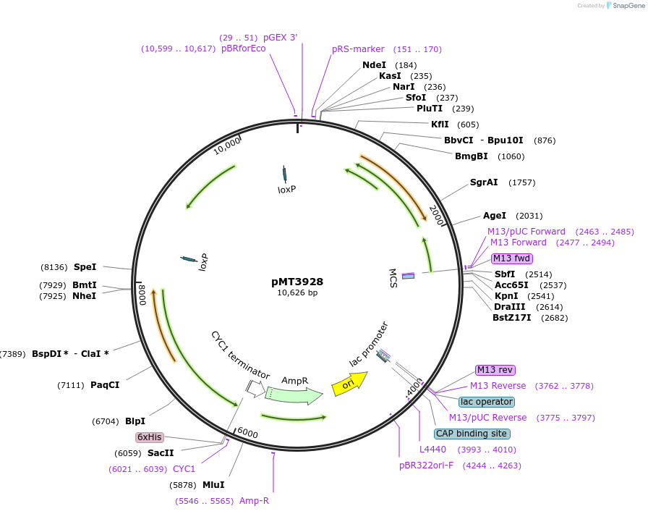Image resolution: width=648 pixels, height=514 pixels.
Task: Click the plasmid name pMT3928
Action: coord(297,282)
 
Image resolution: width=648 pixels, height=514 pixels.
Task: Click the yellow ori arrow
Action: coord(349,383)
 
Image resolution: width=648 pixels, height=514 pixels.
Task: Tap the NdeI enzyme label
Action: coord(374,65)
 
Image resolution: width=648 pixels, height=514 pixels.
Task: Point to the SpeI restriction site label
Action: coord(85,266)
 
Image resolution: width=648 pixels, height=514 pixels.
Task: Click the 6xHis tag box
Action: coord(150,437)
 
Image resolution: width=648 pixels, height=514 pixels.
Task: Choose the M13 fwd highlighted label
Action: coord(511,258)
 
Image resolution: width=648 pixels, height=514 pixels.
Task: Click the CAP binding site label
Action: coord(472,434)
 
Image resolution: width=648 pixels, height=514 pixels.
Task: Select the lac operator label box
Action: coord(487,402)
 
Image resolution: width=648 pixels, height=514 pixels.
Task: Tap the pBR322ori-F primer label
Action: coord(427,465)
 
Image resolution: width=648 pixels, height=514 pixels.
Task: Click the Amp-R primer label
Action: coord(254,500)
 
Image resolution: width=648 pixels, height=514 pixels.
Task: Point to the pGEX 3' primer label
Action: coord(280,37)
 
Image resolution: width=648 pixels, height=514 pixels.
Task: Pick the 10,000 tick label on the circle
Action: coord(227,146)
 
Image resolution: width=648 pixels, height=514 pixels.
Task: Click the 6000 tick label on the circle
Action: coord(247,433)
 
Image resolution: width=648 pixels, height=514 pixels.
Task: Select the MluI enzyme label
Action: coord(213,485)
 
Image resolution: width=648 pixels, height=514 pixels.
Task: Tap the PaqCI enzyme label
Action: coord(105,385)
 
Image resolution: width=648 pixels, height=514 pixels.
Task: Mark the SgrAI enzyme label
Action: coord(484,182)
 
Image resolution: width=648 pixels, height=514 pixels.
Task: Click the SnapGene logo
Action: coord(624,6)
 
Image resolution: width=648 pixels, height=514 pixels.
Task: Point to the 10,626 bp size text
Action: coord(297,293)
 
